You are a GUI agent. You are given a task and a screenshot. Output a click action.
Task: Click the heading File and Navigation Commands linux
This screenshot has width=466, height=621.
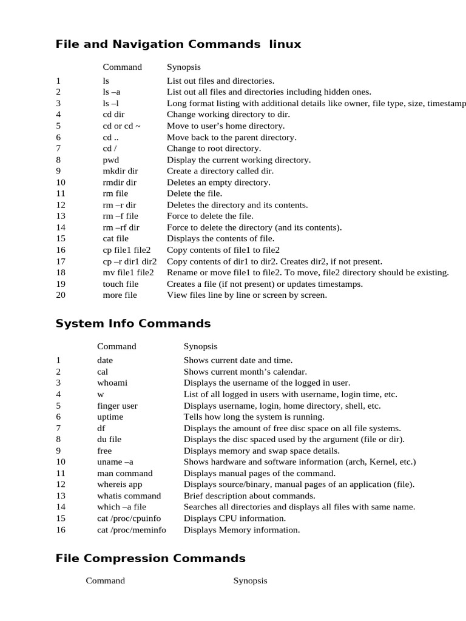point(178,44)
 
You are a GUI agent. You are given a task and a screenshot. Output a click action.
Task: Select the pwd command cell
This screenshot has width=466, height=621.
point(111,160)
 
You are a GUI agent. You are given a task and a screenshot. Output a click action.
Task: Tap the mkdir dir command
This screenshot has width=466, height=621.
point(121,171)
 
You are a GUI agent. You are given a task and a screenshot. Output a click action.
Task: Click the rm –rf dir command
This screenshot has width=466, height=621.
point(121,227)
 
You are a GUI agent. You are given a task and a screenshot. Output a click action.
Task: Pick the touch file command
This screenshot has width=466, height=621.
point(121,284)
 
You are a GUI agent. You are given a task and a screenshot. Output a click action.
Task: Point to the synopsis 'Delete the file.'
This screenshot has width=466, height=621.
point(195,193)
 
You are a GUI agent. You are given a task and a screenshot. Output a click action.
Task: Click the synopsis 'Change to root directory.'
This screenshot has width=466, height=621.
point(214,149)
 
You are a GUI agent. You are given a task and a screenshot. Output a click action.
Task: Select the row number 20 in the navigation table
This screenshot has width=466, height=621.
point(61,295)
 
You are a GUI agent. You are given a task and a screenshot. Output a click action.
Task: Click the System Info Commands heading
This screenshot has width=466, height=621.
point(133,323)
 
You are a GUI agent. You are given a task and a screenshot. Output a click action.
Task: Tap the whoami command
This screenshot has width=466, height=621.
point(112,383)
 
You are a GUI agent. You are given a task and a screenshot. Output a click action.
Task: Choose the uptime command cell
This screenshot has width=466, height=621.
point(110,417)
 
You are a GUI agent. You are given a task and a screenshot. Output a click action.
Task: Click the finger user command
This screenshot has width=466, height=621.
point(117,406)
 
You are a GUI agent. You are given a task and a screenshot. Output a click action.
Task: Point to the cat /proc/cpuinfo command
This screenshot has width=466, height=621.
point(132,519)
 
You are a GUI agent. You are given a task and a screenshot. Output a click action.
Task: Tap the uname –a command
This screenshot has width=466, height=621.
point(115,462)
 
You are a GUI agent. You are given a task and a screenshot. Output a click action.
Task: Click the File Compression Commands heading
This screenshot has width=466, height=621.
point(150,559)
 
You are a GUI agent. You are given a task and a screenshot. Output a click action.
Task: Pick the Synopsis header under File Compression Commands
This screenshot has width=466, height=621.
point(250,581)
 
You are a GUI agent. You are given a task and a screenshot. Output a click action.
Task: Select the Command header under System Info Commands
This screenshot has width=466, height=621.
point(116,346)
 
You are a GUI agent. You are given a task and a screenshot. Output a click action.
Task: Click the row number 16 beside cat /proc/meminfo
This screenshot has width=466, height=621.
point(61,530)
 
